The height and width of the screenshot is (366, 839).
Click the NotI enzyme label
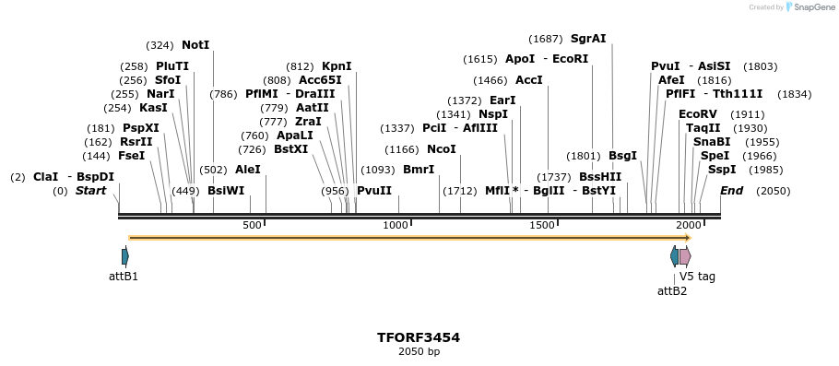(195, 44)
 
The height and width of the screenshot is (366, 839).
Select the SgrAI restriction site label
(588, 39)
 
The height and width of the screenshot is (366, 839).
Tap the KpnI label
(337, 66)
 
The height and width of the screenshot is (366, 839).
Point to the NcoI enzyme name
(441, 149)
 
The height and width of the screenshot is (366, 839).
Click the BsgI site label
(622, 156)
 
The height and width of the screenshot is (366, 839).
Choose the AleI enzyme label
(248, 170)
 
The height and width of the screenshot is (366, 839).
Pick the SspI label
(722, 170)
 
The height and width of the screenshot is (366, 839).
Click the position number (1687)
(546, 39)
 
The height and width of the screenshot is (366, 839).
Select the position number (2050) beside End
(773, 191)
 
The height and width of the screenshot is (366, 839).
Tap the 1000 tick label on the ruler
(396, 225)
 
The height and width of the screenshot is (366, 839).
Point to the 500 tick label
(252, 225)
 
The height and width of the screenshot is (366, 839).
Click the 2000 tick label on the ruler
(688, 225)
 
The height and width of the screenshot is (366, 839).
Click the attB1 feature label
(124, 276)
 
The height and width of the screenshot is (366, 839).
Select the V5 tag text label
(697, 276)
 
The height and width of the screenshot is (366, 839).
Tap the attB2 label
(672, 290)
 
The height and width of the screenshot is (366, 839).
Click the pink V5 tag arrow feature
(685, 256)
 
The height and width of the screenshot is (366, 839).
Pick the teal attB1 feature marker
(124, 256)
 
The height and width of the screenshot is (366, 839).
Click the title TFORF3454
(419, 337)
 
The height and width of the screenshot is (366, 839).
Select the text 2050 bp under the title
(419, 352)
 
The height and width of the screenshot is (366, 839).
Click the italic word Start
(90, 191)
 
